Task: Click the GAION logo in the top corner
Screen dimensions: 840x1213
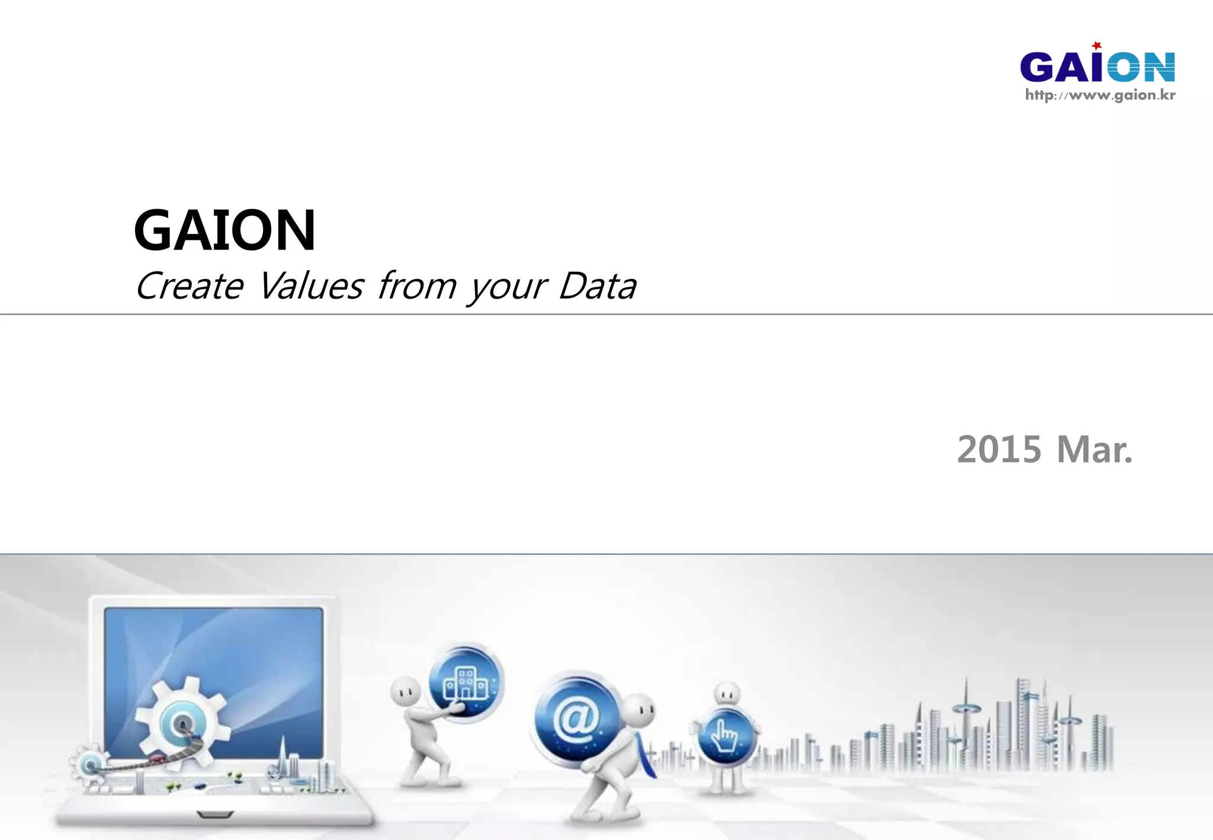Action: click(x=1097, y=66)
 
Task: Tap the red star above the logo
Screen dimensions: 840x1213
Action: click(x=1097, y=45)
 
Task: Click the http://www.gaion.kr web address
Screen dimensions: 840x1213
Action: click(x=1100, y=95)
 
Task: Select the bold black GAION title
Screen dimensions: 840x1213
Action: click(x=224, y=230)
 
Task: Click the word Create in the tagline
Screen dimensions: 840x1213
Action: click(x=190, y=286)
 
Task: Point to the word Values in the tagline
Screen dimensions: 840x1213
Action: click(x=311, y=286)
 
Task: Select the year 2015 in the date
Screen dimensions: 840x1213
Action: click(x=999, y=450)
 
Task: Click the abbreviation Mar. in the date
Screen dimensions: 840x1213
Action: click(x=1095, y=450)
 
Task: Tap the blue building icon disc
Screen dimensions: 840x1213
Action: click(x=466, y=682)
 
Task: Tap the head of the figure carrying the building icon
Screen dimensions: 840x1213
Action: click(x=405, y=691)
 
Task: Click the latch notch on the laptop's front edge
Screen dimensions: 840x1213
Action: click(x=214, y=815)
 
